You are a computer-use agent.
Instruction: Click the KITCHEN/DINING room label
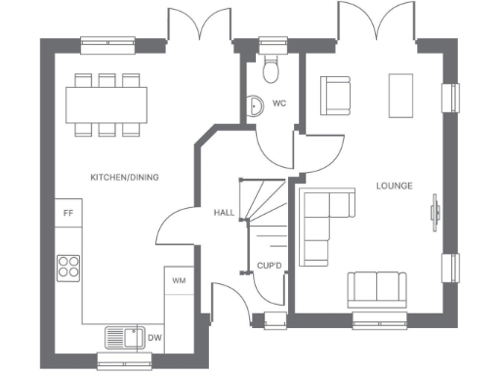(x=124, y=177)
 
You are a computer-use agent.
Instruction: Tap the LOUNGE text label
(x=394, y=186)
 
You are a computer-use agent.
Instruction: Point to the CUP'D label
(x=269, y=265)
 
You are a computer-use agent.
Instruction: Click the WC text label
(x=279, y=103)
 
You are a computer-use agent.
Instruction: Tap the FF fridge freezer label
(x=68, y=212)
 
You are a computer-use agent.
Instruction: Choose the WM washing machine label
(x=179, y=280)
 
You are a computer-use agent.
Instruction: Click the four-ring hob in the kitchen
(x=69, y=266)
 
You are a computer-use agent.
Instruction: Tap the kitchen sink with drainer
(x=123, y=337)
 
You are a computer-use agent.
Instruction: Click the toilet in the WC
(x=271, y=67)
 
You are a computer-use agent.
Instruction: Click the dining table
(x=107, y=101)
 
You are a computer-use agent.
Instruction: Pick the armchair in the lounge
(x=336, y=95)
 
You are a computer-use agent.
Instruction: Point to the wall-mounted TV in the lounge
(x=436, y=213)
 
